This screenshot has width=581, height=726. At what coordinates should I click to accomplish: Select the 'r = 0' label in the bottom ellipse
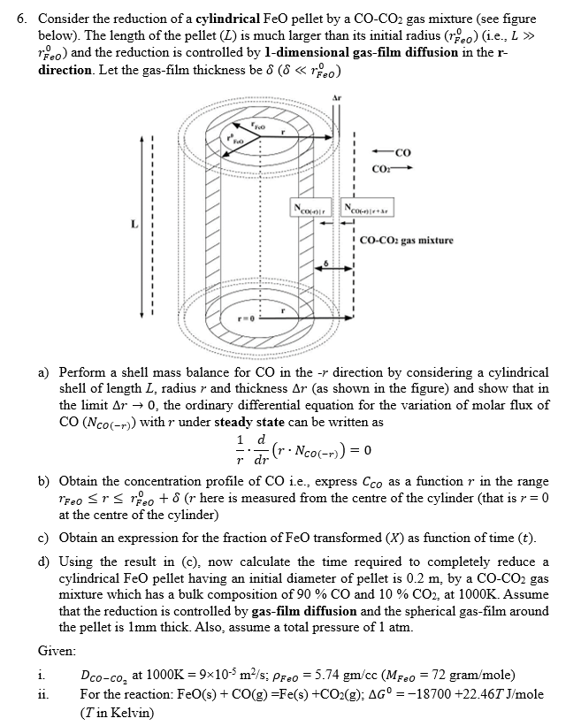pyautogui.click(x=243, y=315)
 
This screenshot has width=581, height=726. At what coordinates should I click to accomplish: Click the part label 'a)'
pyautogui.click(x=42, y=373)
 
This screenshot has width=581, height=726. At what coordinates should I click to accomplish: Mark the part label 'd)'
pyautogui.click(x=42, y=562)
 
